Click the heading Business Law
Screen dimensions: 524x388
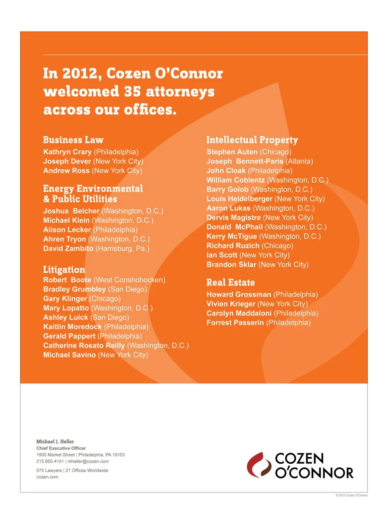click(73, 140)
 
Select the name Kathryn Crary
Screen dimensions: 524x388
click(67, 152)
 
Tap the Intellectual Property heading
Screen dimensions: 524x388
click(252, 140)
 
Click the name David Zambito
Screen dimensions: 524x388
click(68, 249)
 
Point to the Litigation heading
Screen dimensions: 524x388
click(64, 270)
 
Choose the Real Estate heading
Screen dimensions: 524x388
click(230, 283)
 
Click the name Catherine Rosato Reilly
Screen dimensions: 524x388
click(84, 345)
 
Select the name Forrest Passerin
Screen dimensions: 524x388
click(235, 323)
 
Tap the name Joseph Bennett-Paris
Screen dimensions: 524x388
click(245, 161)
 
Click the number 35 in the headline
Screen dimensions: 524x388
click(132, 92)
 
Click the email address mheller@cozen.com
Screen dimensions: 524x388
click(88, 461)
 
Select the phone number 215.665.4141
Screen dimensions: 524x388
click(50, 461)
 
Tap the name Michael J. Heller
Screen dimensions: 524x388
click(55, 441)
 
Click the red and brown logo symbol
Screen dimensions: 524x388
click(259, 465)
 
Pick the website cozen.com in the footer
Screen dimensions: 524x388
click(47, 477)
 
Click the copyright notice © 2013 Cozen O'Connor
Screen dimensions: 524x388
click(351, 495)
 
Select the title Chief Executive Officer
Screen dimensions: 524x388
click(61, 448)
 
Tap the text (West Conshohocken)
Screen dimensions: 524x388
click(129, 280)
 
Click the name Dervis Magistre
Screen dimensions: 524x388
click(233, 217)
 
